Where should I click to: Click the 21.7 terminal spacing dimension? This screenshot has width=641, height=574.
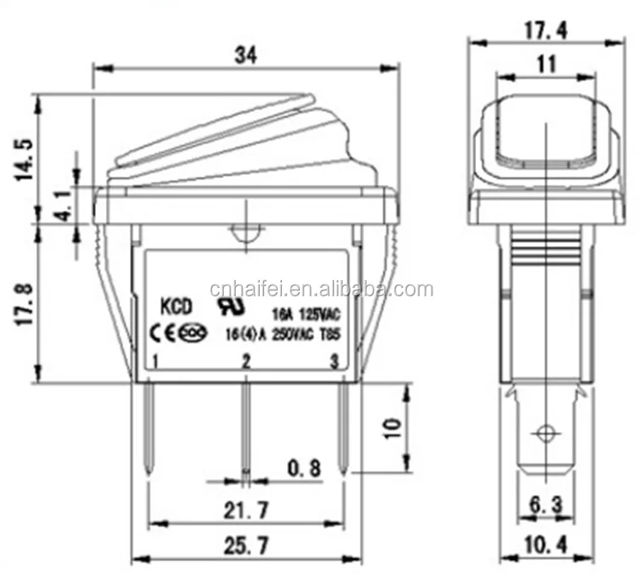tap(245, 511)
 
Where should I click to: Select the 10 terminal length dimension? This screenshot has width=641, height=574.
tap(391, 427)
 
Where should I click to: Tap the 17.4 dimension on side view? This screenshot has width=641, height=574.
tap(544, 31)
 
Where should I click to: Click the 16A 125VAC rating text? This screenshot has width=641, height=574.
tap(304, 312)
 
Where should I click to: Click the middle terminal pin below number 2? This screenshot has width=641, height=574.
tap(245, 427)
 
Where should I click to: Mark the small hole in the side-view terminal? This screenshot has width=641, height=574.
tap(544, 430)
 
